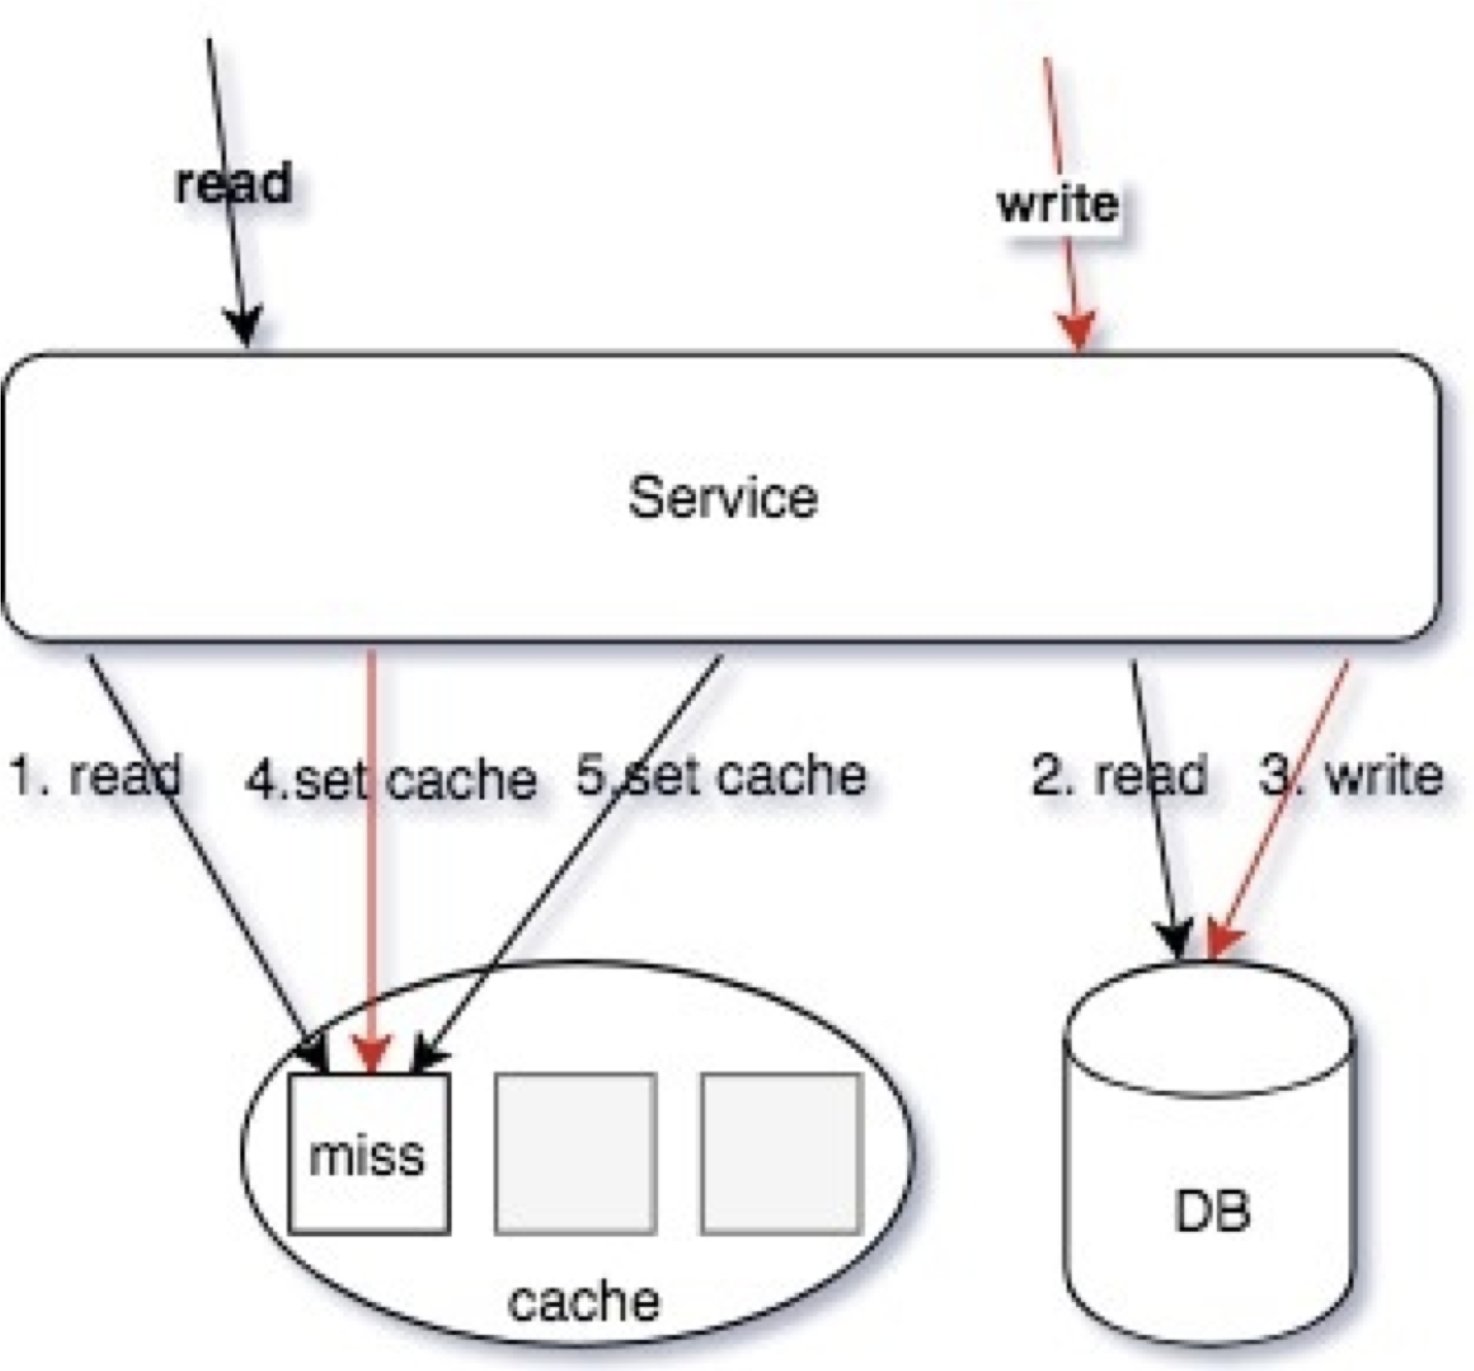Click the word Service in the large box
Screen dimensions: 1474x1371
(x=723, y=497)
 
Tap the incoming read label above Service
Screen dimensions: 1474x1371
(x=233, y=183)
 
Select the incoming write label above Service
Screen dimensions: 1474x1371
(x=1058, y=204)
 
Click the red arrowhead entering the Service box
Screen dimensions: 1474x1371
(x=1078, y=331)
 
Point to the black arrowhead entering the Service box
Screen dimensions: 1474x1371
(x=243, y=327)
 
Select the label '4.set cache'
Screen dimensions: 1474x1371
(x=391, y=779)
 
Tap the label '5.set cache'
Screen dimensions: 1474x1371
(x=721, y=775)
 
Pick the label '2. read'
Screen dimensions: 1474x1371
(x=1119, y=775)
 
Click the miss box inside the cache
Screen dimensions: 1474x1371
(x=369, y=1153)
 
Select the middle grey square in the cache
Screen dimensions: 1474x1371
(x=576, y=1153)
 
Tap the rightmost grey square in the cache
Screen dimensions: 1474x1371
(x=782, y=1153)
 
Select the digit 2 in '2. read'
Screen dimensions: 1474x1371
(x=1045, y=775)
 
